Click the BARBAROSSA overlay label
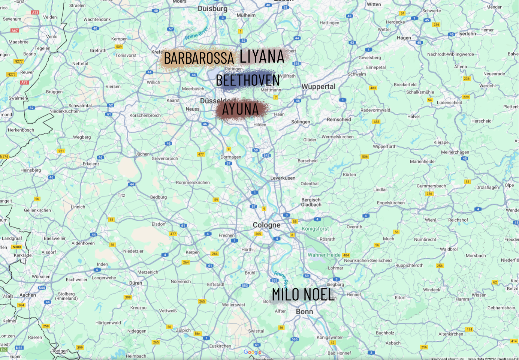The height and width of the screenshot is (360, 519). tap(199, 58)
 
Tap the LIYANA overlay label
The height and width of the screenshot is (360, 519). tap(262, 56)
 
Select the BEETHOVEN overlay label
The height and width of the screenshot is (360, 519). tap(248, 80)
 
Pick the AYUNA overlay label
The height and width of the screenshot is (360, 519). tap(241, 109)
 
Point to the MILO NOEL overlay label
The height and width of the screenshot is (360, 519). tap(302, 295)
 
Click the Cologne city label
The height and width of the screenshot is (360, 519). tap(266, 225)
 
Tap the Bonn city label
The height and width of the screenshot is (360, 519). tap(304, 312)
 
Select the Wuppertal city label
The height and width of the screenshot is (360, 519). tap(319, 87)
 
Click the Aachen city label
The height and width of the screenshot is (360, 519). tap(28, 295)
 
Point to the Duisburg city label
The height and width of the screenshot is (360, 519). tap(212, 9)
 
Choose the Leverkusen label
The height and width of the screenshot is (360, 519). tap(283, 178)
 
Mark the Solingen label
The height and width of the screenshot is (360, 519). tap(301, 122)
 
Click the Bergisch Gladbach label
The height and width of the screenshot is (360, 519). tap(311, 202)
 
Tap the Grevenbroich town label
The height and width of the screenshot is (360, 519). tap(165, 159)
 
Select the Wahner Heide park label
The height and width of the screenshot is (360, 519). tap(324, 255)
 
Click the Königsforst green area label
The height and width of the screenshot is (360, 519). tap(315, 229)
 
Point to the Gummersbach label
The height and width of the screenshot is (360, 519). tap(431, 186)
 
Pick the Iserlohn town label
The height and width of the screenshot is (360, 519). tap(467, 34)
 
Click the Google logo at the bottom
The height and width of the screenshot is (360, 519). tap(252, 352)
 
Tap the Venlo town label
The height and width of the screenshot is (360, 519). tap(52, 37)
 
